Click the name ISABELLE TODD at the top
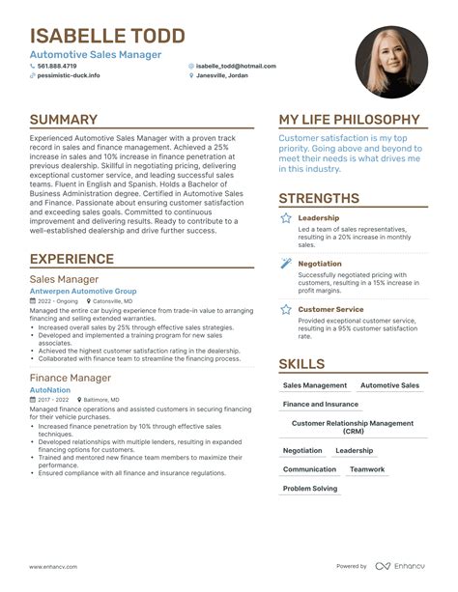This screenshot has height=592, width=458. (x=107, y=37)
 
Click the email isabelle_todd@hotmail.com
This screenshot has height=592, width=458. (x=236, y=66)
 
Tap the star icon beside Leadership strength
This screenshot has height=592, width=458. (x=286, y=219)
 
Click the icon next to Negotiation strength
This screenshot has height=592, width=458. (x=286, y=264)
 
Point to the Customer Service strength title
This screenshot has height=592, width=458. (x=330, y=309)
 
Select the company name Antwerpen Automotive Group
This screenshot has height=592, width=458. (x=83, y=291)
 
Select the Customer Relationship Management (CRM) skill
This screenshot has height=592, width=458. (x=352, y=426)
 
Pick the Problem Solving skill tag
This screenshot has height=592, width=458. (x=310, y=489)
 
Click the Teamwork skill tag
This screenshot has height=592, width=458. (x=367, y=469)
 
